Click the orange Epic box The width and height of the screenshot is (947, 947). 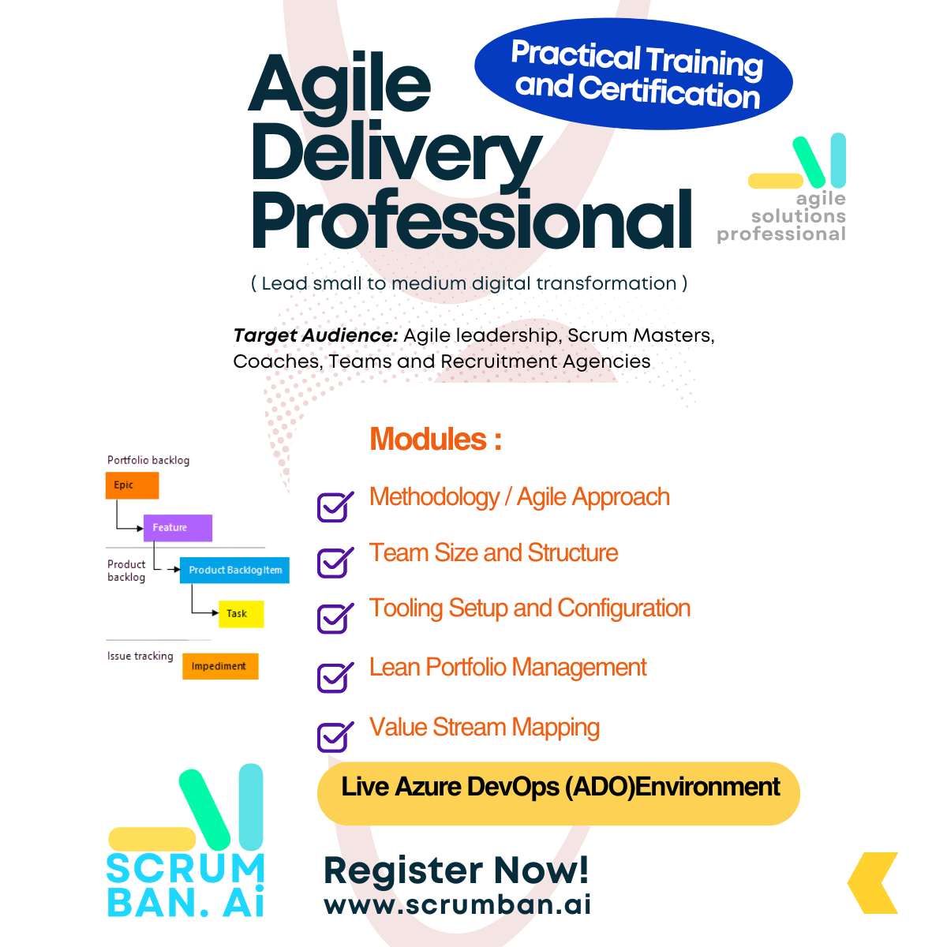coord(132,485)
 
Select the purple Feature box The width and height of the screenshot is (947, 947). coord(178,527)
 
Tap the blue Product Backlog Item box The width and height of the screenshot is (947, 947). coord(234,570)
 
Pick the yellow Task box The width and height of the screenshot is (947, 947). coord(241,613)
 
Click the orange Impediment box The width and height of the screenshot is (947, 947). coord(220,666)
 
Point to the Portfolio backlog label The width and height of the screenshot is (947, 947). coord(148,460)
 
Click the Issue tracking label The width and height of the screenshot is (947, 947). coord(140,656)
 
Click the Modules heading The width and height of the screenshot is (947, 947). coord(436,438)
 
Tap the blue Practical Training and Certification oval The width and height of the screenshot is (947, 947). coord(634,73)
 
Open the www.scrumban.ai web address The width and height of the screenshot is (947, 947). coord(458,904)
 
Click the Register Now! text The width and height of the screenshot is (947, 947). coord(456,870)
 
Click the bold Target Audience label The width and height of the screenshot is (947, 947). coord(316,335)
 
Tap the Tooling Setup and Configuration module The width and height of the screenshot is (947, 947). coord(530,608)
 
